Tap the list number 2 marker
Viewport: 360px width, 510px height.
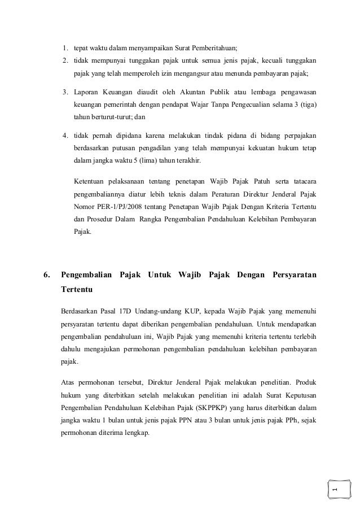[x=65, y=60]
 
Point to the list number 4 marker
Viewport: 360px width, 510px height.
[x=65, y=136]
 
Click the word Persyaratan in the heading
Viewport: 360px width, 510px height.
[x=294, y=275]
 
